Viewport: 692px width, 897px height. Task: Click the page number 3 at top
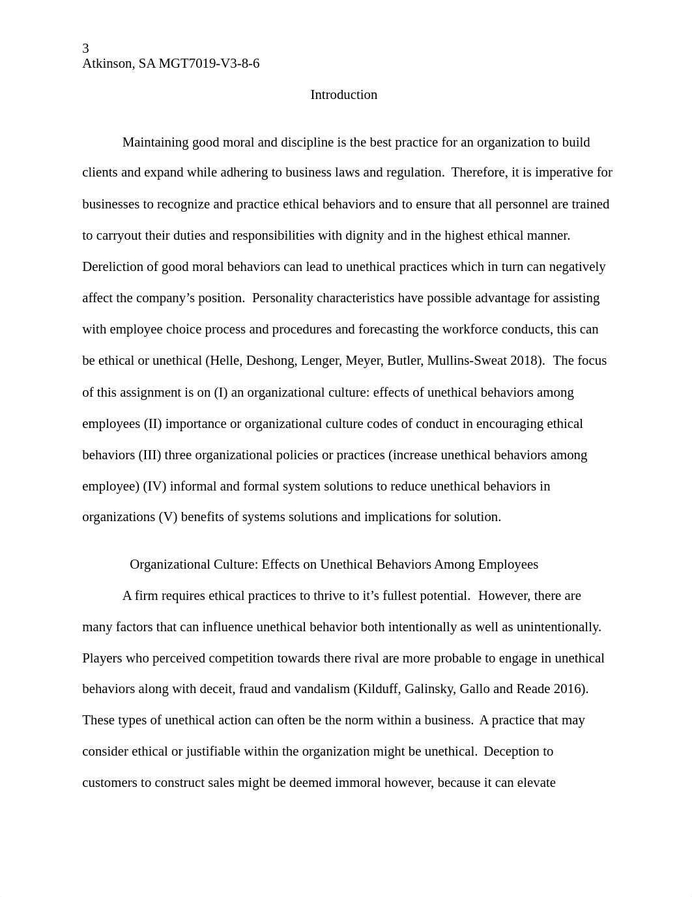click(85, 48)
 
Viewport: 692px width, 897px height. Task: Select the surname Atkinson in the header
click(108, 64)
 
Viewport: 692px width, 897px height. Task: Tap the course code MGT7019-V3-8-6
click(209, 64)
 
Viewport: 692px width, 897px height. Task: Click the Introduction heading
click(343, 95)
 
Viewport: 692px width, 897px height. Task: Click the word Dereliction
click(112, 267)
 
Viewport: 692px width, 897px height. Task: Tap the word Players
click(102, 659)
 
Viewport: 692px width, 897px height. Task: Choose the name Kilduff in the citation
click(377, 689)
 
